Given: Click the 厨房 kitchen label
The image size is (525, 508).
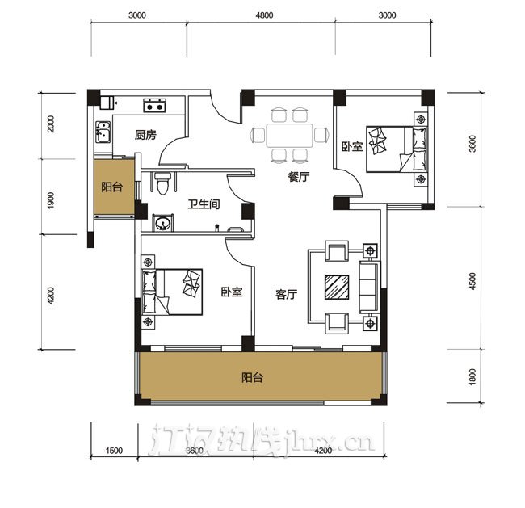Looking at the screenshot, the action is click(x=145, y=135).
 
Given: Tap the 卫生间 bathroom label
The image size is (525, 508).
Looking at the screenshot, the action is click(x=204, y=204).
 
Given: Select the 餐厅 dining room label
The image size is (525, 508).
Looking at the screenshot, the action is click(x=299, y=177).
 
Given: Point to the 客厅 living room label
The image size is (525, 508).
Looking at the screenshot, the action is click(x=286, y=294).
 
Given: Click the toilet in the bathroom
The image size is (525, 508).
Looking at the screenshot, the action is click(x=163, y=183).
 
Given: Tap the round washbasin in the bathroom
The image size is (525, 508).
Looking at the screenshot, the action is click(x=162, y=222).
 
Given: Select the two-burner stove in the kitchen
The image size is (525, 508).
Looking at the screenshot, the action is click(x=155, y=105).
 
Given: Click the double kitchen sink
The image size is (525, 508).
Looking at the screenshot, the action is click(x=103, y=132).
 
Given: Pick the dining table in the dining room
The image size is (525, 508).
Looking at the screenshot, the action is click(x=290, y=136).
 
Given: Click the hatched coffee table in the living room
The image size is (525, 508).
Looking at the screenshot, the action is click(x=337, y=287).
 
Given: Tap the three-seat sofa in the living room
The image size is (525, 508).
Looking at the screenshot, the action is click(x=369, y=287).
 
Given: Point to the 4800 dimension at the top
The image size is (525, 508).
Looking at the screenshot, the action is click(x=264, y=15).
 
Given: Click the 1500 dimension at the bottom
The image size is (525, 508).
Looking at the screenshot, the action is click(x=114, y=451).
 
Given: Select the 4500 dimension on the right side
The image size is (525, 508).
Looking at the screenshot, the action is click(x=472, y=281).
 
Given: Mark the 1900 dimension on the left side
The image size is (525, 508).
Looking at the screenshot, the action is click(x=51, y=200).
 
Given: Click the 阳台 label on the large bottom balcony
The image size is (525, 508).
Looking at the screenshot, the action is click(x=252, y=378).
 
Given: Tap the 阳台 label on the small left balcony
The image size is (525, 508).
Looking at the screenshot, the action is click(x=111, y=187).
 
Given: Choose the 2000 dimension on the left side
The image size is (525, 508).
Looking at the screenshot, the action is click(x=51, y=124).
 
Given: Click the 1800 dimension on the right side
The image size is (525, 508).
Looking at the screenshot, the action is click(x=472, y=376).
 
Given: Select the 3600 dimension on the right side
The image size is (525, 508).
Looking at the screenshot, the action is click(x=472, y=143).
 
